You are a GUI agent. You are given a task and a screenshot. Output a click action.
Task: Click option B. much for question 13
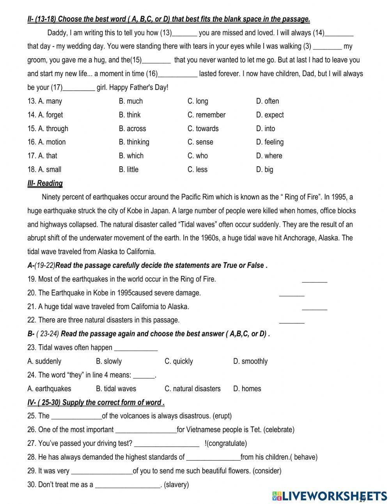pyautogui.click(x=131, y=101)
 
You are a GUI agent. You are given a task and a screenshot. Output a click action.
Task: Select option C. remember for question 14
pyautogui.click(x=206, y=115)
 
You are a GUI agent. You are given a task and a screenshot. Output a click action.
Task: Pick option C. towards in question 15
pyautogui.click(x=203, y=128)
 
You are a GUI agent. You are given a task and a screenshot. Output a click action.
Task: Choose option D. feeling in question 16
pyautogui.click(x=269, y=142)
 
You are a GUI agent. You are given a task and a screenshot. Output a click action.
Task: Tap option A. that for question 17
pyautogui.click(x=42, y=156)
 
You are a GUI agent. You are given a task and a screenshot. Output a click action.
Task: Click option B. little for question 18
pyautogui.click(x=129, y=169)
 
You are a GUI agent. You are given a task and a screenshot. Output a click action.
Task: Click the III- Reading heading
pyautogui.click(x=45, y=183)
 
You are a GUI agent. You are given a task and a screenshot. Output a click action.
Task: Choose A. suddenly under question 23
pyautogui.click(x=44, y=361)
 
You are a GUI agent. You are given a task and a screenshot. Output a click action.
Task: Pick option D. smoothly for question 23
pyautogui.click(x=250, y=361)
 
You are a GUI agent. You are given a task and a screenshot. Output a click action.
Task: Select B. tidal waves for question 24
pyautogui.click(x=116, y=388)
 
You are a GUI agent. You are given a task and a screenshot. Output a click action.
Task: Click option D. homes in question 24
pyautogui.click(x=247, y=388)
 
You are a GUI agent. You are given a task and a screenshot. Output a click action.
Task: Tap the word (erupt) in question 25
pyautogui.click(x=222, y=416)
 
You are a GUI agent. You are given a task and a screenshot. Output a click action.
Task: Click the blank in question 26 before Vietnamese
pyautogui.click(x=146, y=430)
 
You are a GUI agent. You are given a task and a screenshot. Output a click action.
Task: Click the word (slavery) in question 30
pyautogui.click(x=176, y=484)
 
